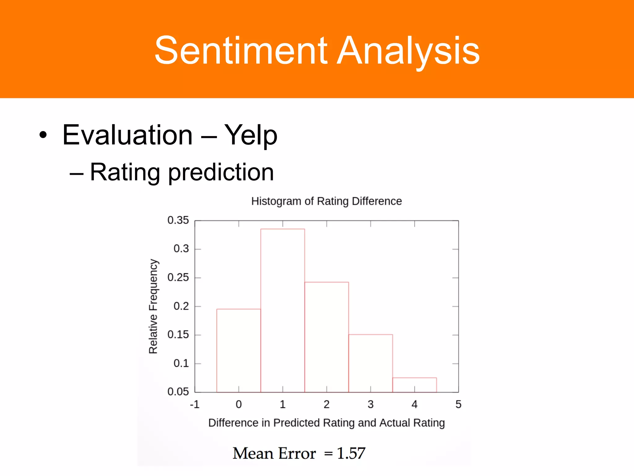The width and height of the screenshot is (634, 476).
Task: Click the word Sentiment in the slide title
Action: click(x=241, y=51)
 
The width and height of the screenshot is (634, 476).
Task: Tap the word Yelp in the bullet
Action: click(x=250, y=135)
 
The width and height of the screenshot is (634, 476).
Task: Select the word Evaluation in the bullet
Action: click(x=128, y=135)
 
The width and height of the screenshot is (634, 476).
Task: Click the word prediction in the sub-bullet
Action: click(x=221, y=172)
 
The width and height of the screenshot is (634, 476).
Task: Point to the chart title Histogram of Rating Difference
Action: click(x=326, y=201)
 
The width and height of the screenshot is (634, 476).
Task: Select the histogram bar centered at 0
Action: click(x=238, y=350)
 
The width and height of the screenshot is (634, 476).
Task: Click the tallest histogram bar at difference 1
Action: click(x=282, y=310)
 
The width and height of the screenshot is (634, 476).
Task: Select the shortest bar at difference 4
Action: click(x=415, y=385)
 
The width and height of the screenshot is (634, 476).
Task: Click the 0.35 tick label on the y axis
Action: click(x=178, y=220)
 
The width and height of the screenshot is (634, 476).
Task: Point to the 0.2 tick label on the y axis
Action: click(x=181, y=306)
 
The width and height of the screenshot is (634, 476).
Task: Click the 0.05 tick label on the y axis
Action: click(x=178, y=392)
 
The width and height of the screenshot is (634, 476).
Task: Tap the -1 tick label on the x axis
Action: click(x=194, y=404)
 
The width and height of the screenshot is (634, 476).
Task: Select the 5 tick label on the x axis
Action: click(x=458, y=404)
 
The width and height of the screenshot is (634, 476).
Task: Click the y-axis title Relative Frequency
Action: click(x=153, y=306)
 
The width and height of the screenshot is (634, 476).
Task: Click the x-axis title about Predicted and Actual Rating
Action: click(x=326, y=423)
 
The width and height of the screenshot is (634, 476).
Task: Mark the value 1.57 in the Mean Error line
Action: click(x=351, y=453)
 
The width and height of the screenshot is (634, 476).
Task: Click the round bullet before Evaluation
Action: click(x=43, y=135)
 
